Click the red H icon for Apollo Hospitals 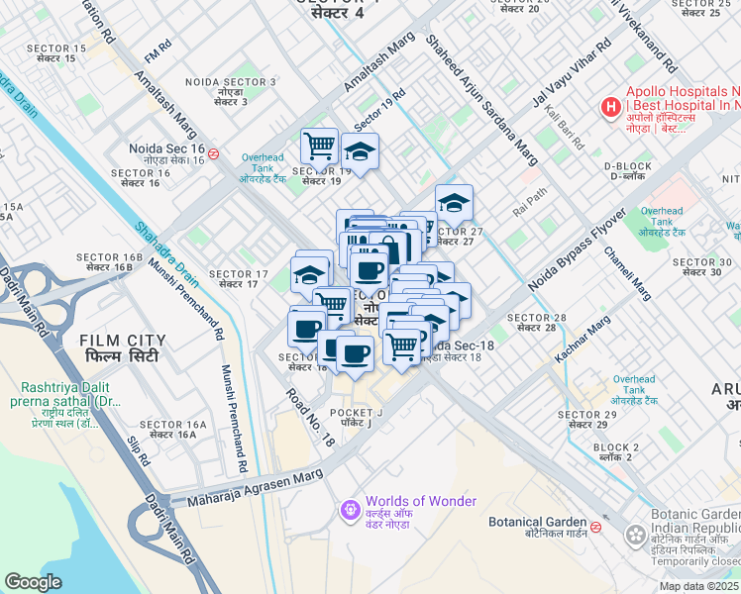pos(610,106)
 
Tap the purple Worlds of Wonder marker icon pos(349,511)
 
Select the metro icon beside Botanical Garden pos(594,527)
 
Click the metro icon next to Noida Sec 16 pos(214,153)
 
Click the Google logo pos(33,582)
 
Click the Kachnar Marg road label pos(583,339)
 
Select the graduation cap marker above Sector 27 pos(454,203)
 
